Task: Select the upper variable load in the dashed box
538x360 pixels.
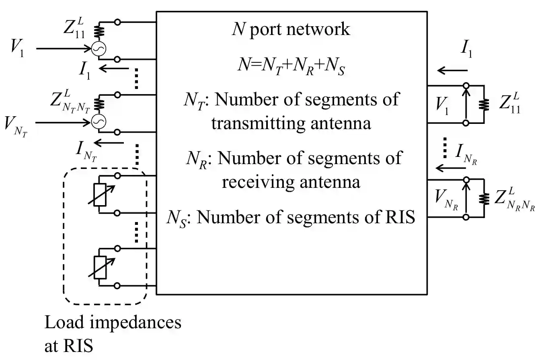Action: [100, 195]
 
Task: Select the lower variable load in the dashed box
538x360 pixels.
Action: [100, 267]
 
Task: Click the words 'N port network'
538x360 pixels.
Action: [291, 30]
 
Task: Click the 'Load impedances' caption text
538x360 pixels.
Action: [113, 323]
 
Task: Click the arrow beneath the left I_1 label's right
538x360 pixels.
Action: [112, 69]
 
